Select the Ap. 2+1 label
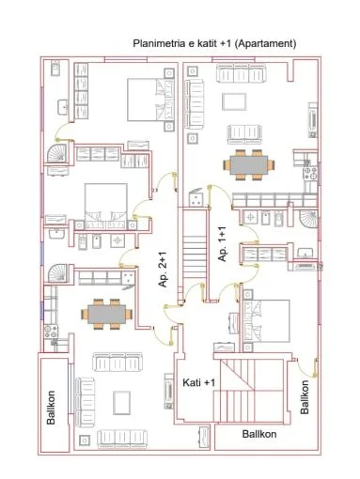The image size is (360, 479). [162, 273]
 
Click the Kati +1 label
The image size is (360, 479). [198, 383]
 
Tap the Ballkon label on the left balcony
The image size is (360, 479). [52, 405]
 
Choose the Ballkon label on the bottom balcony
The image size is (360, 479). [258, 435]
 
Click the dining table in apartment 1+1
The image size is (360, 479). [248, 164]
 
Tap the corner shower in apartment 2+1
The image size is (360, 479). [58, 272]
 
